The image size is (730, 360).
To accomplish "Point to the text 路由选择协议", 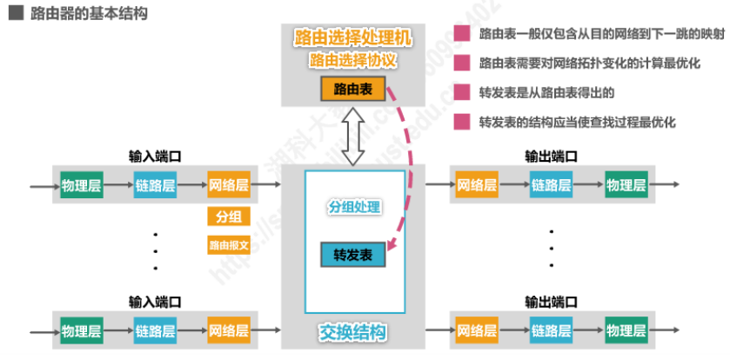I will coord(352,61).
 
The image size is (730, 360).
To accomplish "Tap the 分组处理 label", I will coord(352,208).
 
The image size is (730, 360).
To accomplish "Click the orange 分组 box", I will coord(228,217).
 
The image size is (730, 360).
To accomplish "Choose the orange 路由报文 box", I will coord(229,245).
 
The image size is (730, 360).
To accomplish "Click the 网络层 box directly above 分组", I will coord(229,185).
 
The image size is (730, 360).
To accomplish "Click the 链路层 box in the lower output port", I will coord(552,330).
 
